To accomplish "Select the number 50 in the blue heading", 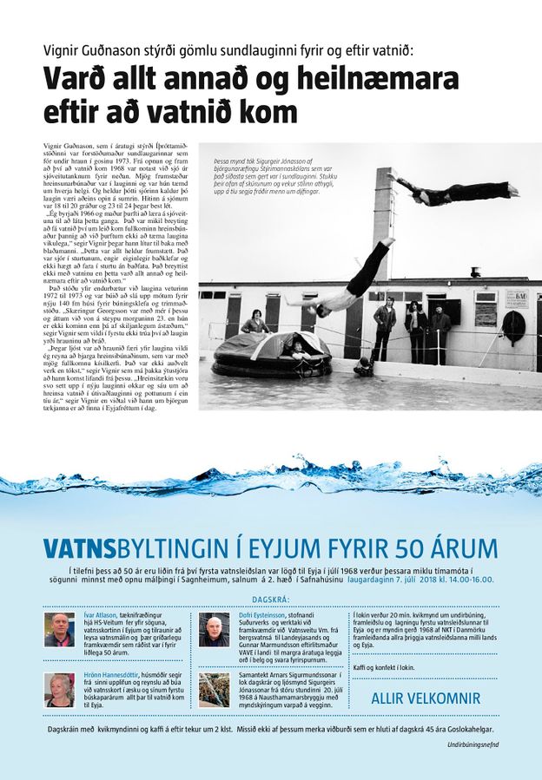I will tap(406, 548).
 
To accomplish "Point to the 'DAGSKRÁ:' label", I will tap(270, 600).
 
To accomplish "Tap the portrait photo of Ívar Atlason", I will tap(59, 630).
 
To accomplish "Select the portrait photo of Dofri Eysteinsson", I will tap(214, 630).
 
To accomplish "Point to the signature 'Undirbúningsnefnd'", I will tap(473, 744).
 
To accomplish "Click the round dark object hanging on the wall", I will tap(513, 327).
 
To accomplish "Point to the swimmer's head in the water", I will tap(365, 368).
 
